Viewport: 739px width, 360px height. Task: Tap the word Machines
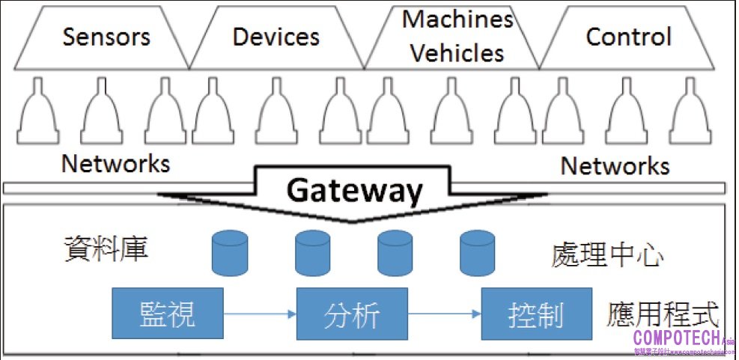pyautogui.click(x=457, y=19)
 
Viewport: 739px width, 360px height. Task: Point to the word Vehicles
pyautogui.click(x=457, y=53)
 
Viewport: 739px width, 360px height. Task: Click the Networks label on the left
pyautogui.click(x=115, y=162)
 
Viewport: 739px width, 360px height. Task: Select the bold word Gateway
pyautogui.click(x=355, y=192)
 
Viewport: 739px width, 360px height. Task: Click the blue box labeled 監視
pyautogui.click(x=168, y=312)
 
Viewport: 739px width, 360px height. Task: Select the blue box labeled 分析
pyautogui.click(x=352, y=312)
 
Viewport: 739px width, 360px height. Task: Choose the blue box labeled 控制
pyautogui.click(x=535, y=312)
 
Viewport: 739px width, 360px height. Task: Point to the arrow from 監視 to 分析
pyautogui.click(x=260, y=314)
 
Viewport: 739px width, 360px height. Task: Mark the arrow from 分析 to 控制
pyautogui.click(x=443, y=314)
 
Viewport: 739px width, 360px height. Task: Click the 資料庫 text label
pyautogui.click(x=106, y=248)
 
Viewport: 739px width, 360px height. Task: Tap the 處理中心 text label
pyautogui.click(x=607, y=255)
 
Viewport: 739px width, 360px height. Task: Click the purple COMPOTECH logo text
pyautogui.click(x=677, y=338)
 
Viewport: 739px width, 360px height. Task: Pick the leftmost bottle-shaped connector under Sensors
pyautogui.click(x=38, y=113)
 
